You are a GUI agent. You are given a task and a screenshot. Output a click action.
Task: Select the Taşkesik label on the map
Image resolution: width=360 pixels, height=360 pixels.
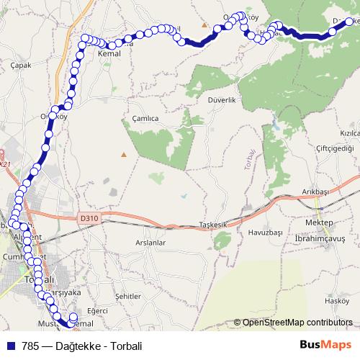tap(212, 225)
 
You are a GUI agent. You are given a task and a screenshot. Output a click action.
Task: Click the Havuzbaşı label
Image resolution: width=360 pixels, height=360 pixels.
tap(264, 233)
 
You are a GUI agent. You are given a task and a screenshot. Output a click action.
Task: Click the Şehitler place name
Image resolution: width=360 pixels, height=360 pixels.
tap(126, 296)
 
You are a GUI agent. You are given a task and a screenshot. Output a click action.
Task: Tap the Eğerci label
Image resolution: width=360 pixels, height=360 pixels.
tap(96, 310)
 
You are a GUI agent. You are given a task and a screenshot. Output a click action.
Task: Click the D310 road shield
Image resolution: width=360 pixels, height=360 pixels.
tap(88, 215)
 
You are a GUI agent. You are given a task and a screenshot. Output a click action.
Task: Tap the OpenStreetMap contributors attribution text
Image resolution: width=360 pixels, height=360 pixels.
tap(297, 323)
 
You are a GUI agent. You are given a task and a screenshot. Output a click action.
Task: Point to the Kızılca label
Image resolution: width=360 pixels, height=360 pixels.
tap(349, 134)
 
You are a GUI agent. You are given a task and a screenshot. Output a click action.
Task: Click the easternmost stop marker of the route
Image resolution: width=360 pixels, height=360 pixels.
tap(350, 22)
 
